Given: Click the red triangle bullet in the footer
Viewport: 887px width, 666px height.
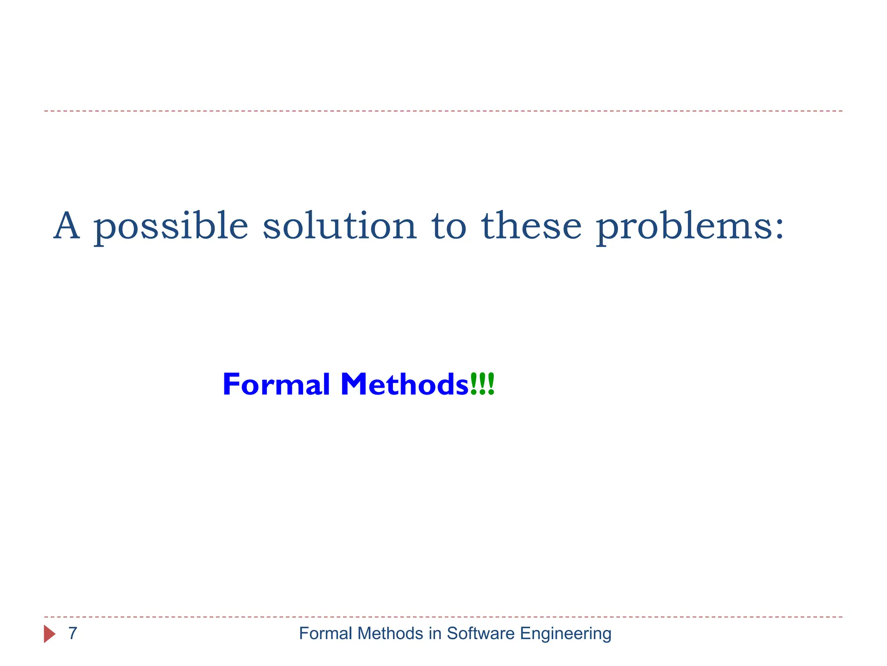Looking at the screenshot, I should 49,634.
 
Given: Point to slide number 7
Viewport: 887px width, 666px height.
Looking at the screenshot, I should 73,633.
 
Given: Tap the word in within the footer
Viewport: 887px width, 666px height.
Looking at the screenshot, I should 435,633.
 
